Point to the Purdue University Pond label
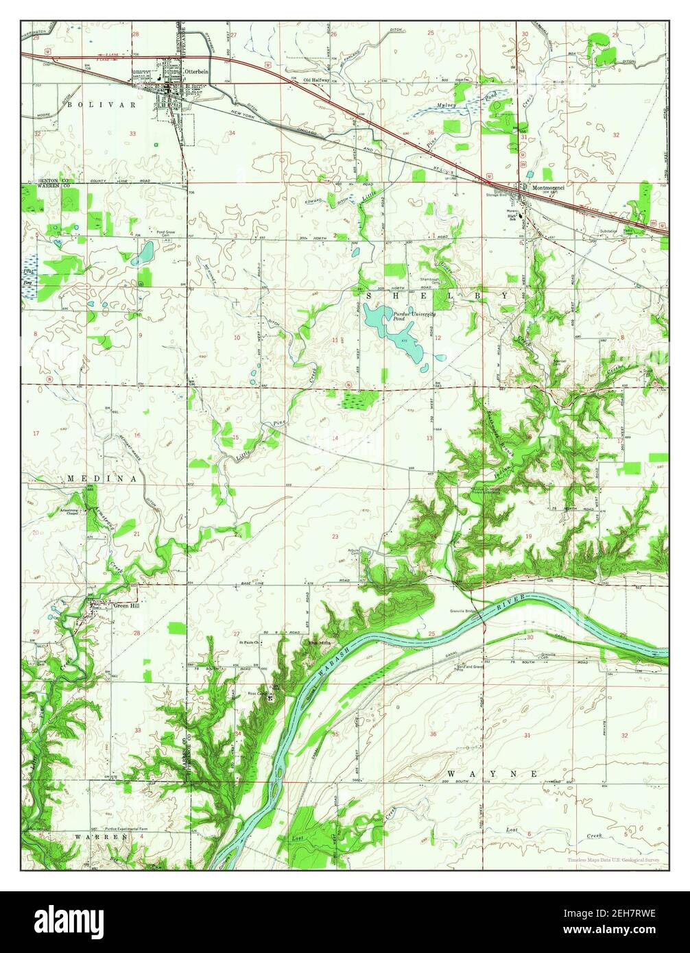pyautogui.click(x=409, y=315)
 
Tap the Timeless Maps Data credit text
pyautogui.click(x=617, y=860)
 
